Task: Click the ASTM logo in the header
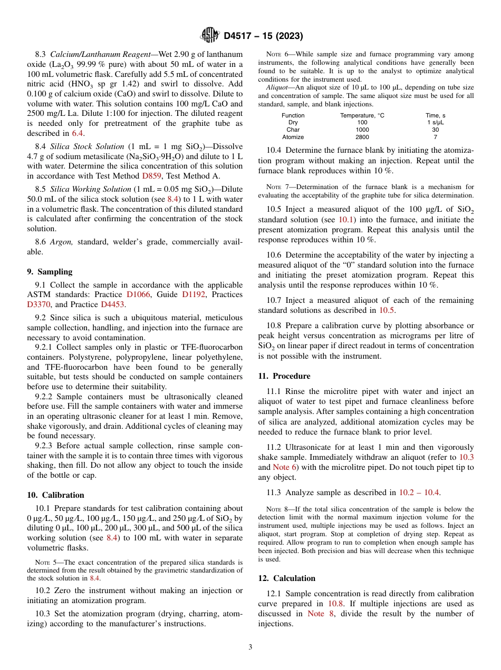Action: [210, 36]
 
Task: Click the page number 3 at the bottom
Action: [250, 647]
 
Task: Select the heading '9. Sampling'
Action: [50, 272]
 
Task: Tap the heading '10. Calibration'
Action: [55, 495]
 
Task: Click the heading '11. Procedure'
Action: [284, 376]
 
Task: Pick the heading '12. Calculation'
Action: [287, 578]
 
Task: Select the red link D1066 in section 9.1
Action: [138, 294]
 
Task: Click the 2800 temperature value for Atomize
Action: [362, 137]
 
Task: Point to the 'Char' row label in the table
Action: [293, 130]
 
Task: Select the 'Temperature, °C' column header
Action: [362, 115]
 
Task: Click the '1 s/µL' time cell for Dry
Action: [435, 122]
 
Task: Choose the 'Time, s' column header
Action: [435, 115]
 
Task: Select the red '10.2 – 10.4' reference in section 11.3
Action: [419, 492]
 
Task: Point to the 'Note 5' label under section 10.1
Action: [43, 562]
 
